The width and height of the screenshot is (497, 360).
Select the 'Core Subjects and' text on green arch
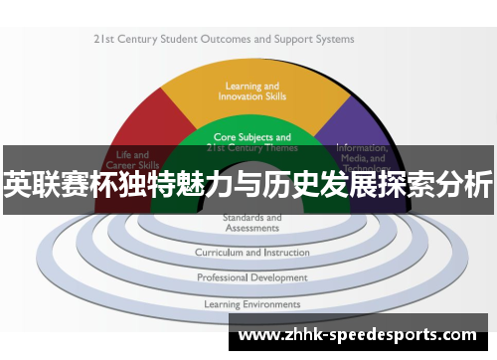click(252, 137)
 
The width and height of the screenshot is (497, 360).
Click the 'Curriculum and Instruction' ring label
click(251, 253)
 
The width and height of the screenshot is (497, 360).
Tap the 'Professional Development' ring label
click(251, 277)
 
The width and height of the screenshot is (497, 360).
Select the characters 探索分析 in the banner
click(442, 186)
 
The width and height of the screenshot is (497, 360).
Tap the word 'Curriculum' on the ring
click(219, 253)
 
